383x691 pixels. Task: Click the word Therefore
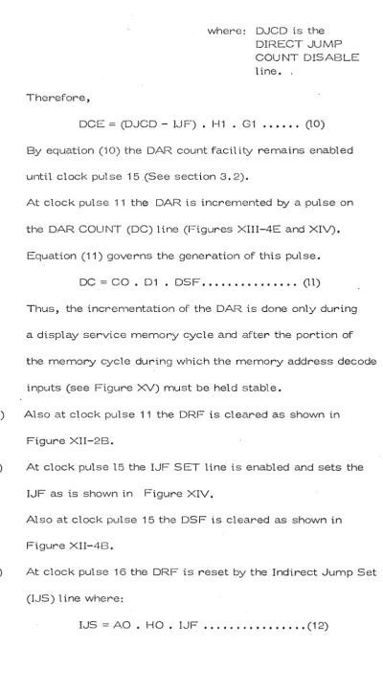pos(58,98)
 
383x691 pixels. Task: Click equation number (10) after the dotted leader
pos(315,124)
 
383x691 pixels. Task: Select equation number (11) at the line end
pos(311,282)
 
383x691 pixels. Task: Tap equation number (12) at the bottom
pos(317,625)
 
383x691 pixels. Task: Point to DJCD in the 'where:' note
pos(271,31)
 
